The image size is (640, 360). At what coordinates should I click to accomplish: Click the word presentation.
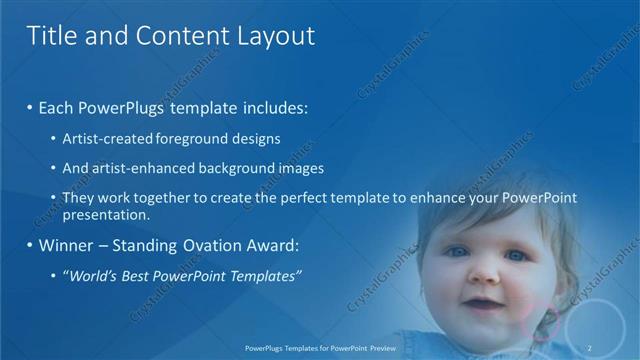106,215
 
